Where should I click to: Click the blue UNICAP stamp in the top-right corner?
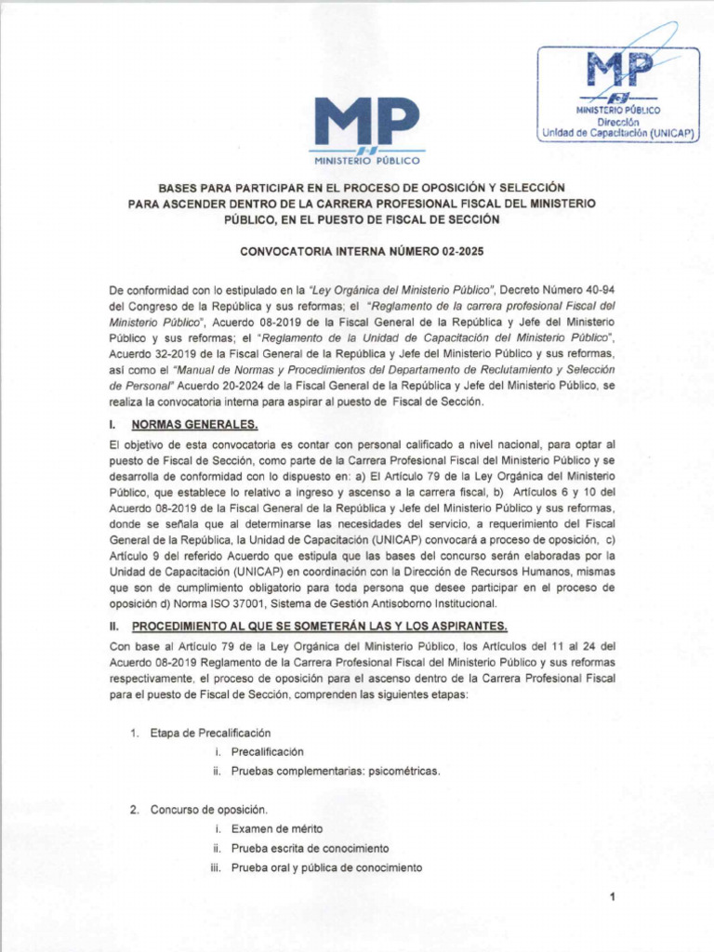[620, 94]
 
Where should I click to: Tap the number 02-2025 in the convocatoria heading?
[455, 252]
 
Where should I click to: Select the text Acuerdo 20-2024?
[250, 385]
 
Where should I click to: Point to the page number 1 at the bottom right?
[614, 896]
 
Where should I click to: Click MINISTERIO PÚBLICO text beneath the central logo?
[366, 160]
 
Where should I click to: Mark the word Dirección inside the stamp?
[618, 122]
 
